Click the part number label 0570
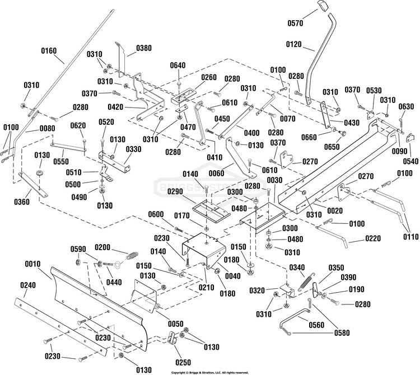pyautogui.click(x=296, y=24)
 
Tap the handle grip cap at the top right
pyautogui.click(x=323, y=6)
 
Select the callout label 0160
pyautogui.click(x=49, y=50)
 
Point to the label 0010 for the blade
pyautogui.click(x=32, y=264)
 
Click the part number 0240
pyautogui.click(x=28, y=285)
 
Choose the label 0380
pyautogui.click(x=144, y=48)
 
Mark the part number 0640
pyautogui.click(x=178, y=65)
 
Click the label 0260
pyautogui.click(x=209, y=77)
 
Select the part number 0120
pyautogui.click(x=294, y=44)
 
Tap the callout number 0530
pyautogui.click(x=374, y=91)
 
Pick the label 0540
pyautogui.click(x=410, y=161)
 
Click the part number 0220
pyautogui.click(x=372, y=238)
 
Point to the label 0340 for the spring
pyautogui.click(x=297, y=268)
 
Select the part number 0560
pyautogui.click(x=316, y=325)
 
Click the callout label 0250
pyautogui.click(x=183, y=363)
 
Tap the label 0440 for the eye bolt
pyautogui.click(x=114, y=282)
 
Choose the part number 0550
pyautogui.click(x=61, y=161)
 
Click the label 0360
pyautogui.click(x=22, y=201)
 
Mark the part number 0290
pyautogui.click(x=175, y=191)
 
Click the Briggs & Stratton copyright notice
pyautogui.click(x=210, y=373)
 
